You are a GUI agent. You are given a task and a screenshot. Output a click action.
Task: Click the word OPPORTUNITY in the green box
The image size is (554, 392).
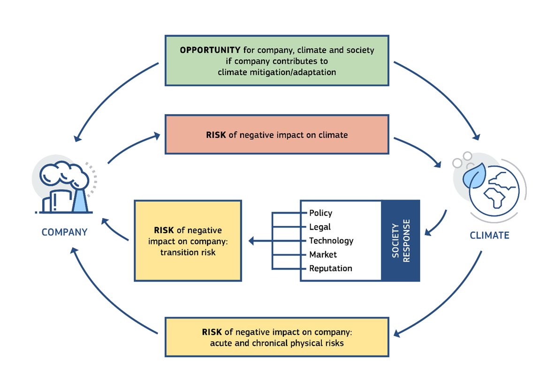pyautogui.click(x=210, y=50)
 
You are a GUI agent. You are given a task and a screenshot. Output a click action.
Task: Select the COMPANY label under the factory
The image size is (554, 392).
pyautogui.click(x=64, y=232)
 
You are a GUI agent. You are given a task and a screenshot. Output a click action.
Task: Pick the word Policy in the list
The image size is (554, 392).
pyautogui.click(x=320, y=213)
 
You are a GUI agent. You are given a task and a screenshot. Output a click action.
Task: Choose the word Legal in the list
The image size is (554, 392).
pyautogui.click(x=319, y=227)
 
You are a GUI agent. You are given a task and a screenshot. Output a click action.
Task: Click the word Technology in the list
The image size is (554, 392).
pyautogui.click(x=331, y=241)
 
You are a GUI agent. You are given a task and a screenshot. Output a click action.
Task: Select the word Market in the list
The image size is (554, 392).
pyautogui.click(x=323, y=254)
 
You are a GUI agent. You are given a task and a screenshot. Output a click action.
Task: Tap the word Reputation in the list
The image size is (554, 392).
pyautogui.click(x=330, y=269)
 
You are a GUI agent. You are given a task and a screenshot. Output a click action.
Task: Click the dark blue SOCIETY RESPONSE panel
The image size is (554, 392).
pyautogui.click(x=400, y=240)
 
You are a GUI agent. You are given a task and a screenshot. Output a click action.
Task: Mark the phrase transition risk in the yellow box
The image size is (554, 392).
pyautogui.click(x=188, y=252)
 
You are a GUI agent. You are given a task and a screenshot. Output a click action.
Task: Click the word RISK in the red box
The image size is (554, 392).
pyautogui.click(x=216, y=135)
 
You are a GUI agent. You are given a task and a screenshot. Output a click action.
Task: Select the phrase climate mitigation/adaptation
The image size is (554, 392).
pyautogui.click(x=277, y=72)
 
